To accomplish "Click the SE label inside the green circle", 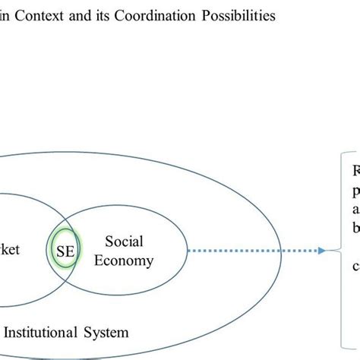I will coord(65,250).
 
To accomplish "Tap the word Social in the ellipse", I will coord(124,242).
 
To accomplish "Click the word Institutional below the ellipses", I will coord(48,331).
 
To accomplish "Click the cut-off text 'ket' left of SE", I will coord(10,250).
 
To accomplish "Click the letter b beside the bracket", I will coord(355,226).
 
